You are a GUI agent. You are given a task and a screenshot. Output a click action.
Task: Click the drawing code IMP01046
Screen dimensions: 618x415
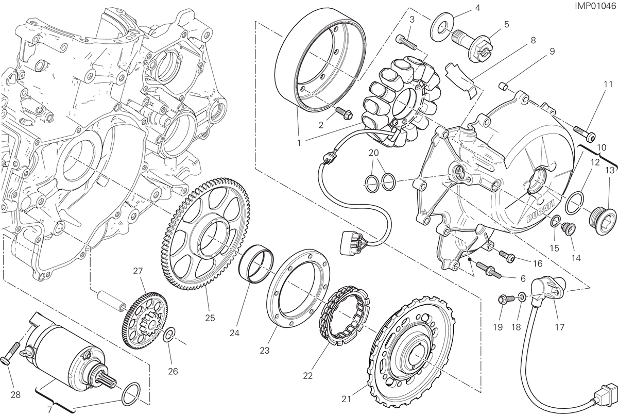595,6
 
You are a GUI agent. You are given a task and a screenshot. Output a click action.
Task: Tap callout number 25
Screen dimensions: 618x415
210,318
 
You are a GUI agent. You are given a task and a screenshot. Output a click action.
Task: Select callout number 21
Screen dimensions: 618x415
347,399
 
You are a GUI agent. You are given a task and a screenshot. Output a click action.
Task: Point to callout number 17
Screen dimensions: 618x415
560,327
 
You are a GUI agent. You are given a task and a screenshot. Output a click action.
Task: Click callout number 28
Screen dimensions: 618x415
16,395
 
